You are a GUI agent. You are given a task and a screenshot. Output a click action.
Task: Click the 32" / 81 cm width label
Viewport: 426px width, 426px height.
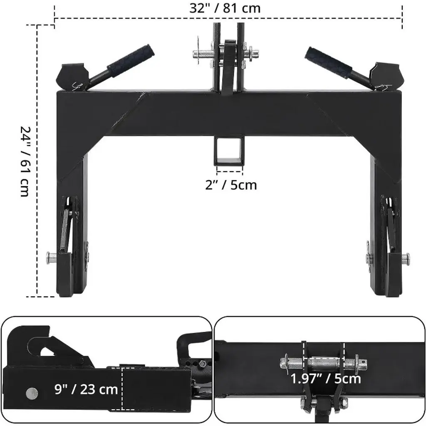point(225,8)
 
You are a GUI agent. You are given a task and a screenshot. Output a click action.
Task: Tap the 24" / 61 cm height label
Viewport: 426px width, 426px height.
point(25,162)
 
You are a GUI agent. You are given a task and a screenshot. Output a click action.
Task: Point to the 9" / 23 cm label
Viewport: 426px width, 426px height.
point(86,389)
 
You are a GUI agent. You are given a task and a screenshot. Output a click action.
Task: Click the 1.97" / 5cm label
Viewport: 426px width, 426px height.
point(326,379)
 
